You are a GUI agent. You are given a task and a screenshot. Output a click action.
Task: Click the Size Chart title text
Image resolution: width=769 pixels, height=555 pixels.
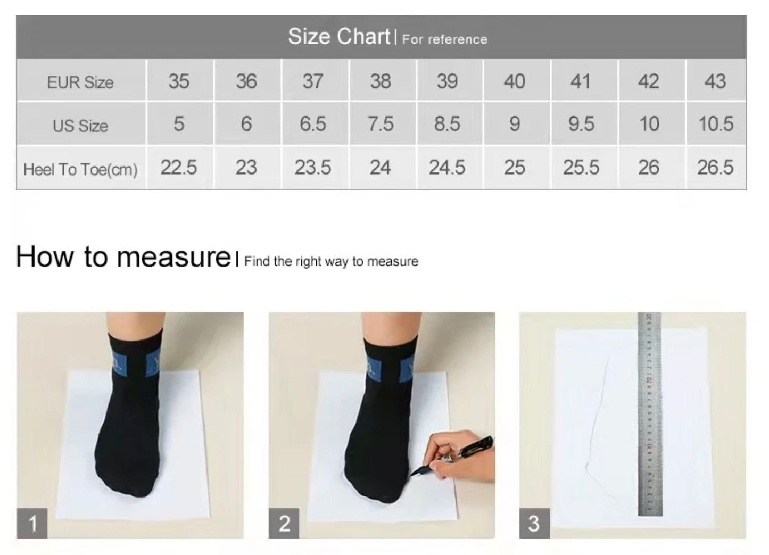(339, 36)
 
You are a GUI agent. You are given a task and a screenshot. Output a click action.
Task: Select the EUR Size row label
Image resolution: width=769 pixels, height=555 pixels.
(80, 82)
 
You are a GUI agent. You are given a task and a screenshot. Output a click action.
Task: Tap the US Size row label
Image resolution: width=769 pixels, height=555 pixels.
(80, 125)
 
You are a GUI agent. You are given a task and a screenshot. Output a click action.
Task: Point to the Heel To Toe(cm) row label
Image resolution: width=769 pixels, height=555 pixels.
(80, 169)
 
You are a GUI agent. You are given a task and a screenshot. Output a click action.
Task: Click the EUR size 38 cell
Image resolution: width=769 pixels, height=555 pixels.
(381, 81)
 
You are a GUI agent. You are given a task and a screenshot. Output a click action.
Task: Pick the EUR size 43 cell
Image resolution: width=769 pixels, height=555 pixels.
(715, 81)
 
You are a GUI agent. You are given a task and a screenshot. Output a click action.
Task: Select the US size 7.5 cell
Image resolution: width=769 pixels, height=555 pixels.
(381, 124)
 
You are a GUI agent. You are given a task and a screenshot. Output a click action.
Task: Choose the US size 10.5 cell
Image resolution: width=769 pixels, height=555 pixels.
(716, 124)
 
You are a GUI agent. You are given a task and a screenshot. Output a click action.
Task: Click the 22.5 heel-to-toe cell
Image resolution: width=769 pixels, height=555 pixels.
(179, 168)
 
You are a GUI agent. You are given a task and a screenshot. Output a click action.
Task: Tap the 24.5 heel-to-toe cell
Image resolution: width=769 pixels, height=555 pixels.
(447, 168)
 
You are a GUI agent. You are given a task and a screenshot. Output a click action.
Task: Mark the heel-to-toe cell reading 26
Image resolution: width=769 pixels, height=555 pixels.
(649, 168)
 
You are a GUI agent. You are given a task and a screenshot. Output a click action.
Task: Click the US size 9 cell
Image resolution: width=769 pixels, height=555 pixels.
(514, 124)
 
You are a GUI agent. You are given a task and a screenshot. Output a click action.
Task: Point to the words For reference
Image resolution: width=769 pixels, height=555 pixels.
(444, 39)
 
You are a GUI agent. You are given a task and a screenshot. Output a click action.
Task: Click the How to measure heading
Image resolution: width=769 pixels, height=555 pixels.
(123, 256)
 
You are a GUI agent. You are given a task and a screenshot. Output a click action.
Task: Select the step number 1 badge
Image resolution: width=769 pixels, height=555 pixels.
(32, 523)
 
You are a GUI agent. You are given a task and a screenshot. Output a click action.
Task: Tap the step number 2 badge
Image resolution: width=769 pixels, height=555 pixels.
(284, 523)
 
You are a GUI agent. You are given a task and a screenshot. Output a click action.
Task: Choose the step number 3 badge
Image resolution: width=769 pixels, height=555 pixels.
(534, 523)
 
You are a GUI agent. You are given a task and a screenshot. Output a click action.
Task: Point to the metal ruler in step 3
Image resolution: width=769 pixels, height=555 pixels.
(650, 413)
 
